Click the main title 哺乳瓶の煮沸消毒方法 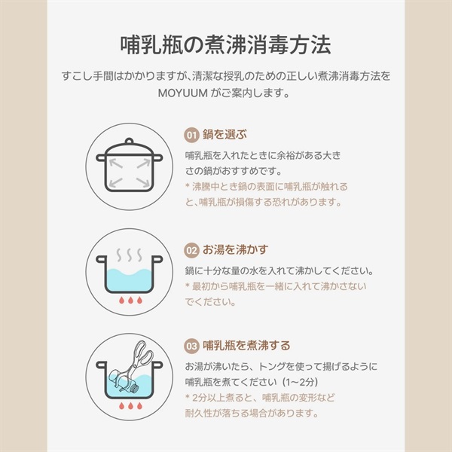coord(225,45)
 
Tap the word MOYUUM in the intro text coord(183,93)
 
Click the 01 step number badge coord(191,135)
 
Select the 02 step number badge coord(191,250)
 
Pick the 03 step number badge coord(191,346)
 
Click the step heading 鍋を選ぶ coord(224,134)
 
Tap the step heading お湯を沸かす coord(235,249)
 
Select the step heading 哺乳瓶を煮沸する coord(246,345)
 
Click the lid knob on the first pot coord(130,141)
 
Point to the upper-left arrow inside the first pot coord(116,163)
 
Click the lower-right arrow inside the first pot coord(143,182)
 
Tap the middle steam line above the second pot coord(130,255)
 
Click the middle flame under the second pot coord(130,300)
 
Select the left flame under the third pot coord(121,405)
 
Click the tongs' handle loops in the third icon coord(144,353)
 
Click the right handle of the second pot coord(157,259)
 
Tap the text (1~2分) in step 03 coord(300,382)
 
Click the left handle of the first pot coord(101,157)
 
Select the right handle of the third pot coord(157,365)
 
